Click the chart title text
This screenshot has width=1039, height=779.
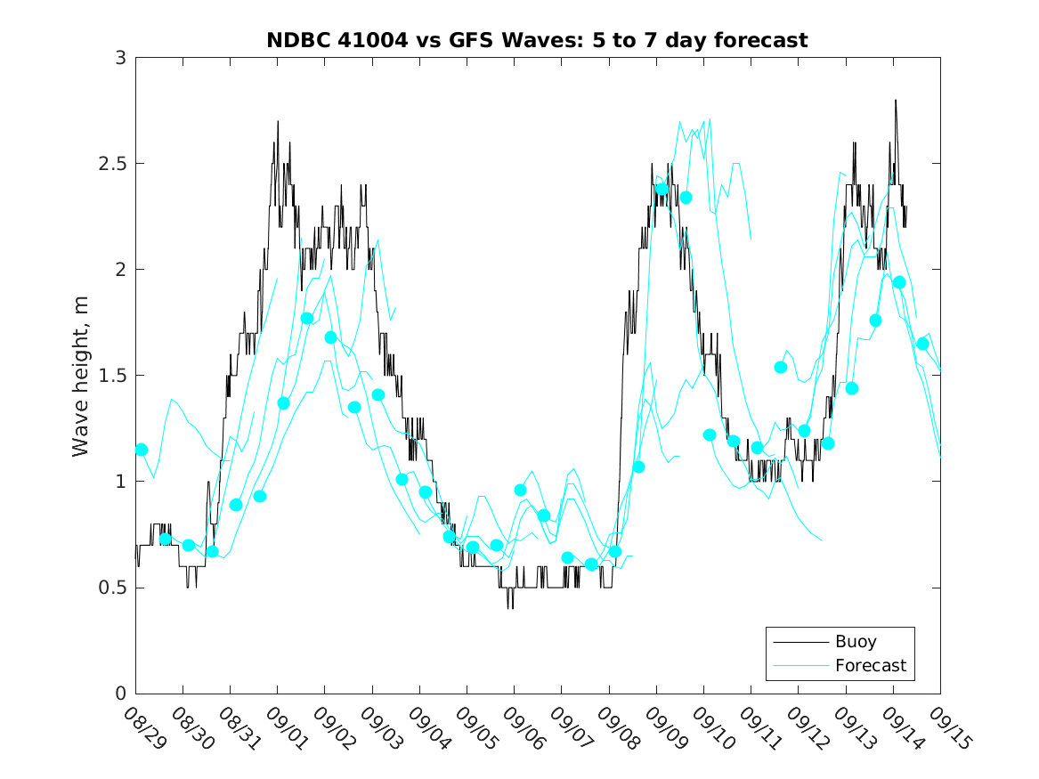point(537,40)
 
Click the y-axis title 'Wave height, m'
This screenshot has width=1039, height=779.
point(81,376)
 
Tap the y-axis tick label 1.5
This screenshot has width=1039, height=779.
point(114,376)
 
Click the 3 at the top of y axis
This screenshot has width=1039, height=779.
point(120,58)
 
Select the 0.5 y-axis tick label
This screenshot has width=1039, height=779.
point(114,588)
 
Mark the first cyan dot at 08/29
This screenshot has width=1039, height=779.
point(141,450)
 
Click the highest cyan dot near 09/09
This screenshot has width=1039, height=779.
point(662,189)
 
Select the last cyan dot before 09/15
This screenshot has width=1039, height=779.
point(922,344)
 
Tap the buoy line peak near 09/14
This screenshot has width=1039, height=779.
point(895,101)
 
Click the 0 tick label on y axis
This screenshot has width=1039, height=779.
point(120,694)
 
